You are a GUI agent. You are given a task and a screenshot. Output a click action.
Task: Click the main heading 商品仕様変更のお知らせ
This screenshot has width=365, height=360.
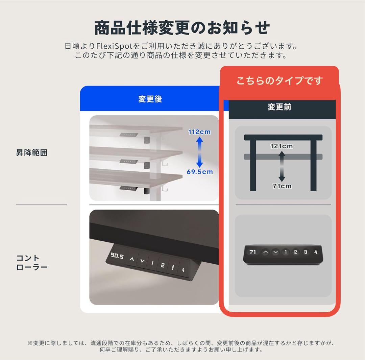coord(182,28)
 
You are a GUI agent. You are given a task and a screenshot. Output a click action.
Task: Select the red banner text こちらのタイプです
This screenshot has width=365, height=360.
coord(279,81)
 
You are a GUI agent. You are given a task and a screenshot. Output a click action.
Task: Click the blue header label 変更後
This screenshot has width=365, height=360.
coord(150,99)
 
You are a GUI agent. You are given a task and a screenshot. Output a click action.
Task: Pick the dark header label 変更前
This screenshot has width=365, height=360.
coord(279,107)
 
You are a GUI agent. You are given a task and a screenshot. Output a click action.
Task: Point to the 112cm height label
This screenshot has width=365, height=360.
coord(199,132)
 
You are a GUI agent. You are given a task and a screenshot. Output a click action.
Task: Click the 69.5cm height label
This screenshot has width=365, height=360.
coord(200,172)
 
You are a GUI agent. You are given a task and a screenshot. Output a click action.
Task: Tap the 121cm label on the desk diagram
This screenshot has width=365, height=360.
coord(282,146)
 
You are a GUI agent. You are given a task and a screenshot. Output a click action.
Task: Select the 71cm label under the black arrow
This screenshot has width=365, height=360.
coord(282,186)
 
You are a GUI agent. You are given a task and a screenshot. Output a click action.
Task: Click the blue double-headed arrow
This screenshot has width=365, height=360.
coord(199,152)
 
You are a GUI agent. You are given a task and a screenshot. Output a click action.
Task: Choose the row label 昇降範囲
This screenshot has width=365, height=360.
coord(32,153)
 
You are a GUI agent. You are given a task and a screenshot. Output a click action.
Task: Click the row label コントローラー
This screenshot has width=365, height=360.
coord(32,263)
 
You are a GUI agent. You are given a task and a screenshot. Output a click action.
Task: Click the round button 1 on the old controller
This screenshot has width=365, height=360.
coord(286,252)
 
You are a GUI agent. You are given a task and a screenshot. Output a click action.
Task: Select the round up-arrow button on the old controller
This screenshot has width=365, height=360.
coord(266,252)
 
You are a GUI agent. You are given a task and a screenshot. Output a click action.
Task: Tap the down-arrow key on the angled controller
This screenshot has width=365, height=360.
coord(142,261)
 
